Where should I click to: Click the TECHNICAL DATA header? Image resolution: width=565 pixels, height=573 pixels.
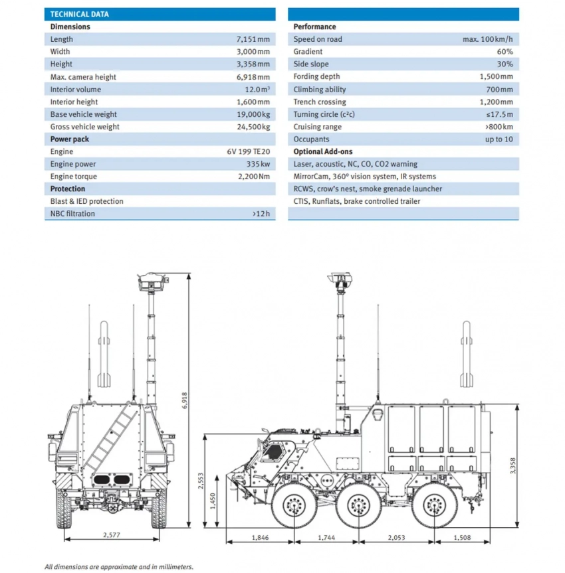[80, 14]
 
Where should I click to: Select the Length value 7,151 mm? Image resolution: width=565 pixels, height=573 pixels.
[253, 39]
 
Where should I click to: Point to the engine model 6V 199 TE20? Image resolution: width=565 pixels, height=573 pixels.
[249, 152]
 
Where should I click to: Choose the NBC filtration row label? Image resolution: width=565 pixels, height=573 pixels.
[72, 214]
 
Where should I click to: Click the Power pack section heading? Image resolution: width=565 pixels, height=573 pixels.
[70, 139]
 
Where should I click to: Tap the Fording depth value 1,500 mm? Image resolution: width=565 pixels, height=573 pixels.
[496, 77]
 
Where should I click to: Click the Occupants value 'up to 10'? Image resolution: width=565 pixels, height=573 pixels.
[499, 139]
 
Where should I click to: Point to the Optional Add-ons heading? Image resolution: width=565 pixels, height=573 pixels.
[323, 152]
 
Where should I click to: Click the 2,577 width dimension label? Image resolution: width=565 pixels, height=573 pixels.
[111, 535]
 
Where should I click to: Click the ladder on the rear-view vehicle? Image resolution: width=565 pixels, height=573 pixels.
[105, 436]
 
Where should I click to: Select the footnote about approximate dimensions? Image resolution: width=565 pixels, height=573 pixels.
[119, 566]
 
